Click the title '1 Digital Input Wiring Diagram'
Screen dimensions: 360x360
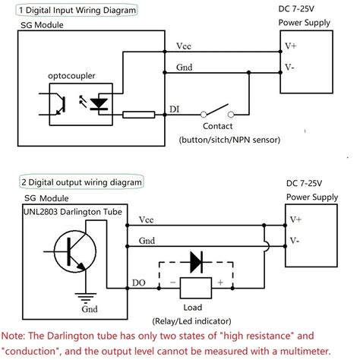coord(71,11)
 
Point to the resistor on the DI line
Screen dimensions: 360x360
coord(137,115)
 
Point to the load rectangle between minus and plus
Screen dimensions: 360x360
coord(194,288)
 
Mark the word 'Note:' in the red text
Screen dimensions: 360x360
coord(17,335)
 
